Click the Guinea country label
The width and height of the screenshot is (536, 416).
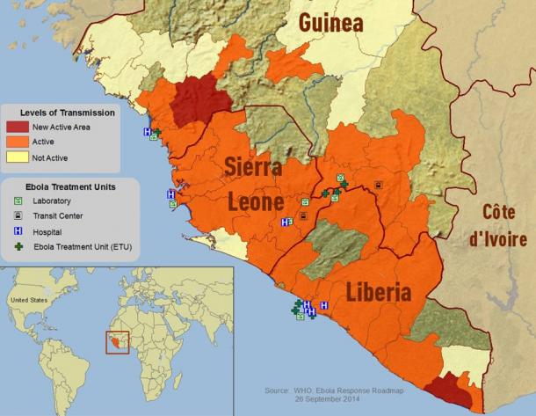click(x=331, y=23)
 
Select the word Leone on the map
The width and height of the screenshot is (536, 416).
click(x=256, y=201)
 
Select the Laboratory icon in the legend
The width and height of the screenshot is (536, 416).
click(x=18, y=201)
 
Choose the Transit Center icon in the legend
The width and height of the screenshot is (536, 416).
click(x=18, y=216)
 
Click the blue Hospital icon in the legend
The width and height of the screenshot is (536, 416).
click(x=18, y=232)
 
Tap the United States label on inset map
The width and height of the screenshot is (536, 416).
click(x=27, y=300)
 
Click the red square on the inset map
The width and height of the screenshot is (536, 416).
click(x=118, y=341)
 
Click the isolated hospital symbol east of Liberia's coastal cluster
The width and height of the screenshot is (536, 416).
click(x=324, y=305)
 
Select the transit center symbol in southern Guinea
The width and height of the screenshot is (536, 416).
click(x=378, y=185)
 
